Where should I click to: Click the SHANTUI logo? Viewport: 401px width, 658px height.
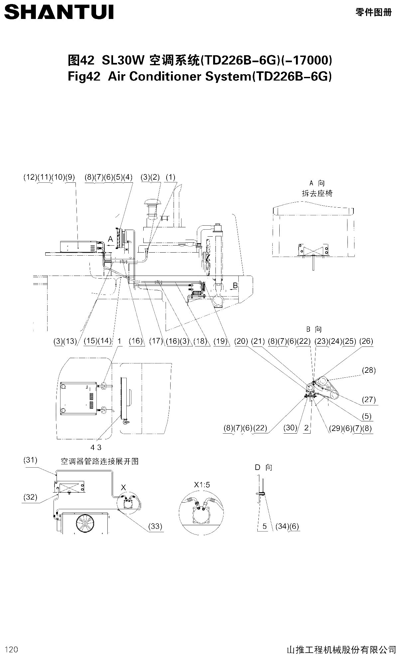(x=59, y=12)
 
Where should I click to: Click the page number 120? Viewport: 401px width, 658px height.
(x=12, y=649)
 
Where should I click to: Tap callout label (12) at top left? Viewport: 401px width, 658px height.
(x=30, y=177)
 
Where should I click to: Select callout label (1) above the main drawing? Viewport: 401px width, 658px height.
(x=170, y=177)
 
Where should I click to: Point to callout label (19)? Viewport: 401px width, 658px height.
(x=220, y=341)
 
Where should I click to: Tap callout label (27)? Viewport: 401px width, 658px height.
(x=369, y=399)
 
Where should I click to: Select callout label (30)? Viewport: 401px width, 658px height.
(x=290, y=428)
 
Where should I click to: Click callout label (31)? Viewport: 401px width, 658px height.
(x=30, y=460)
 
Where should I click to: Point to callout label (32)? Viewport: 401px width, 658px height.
(x=30, y=497)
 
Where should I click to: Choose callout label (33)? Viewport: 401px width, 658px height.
(x=155, y=526)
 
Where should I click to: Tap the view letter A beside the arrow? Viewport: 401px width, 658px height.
(x=111, y=239)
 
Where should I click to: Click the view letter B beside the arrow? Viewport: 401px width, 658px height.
(x=235, y=286)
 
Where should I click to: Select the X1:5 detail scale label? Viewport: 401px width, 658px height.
(x=202, y=485)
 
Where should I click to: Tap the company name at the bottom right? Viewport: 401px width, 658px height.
(x=341, y=649)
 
